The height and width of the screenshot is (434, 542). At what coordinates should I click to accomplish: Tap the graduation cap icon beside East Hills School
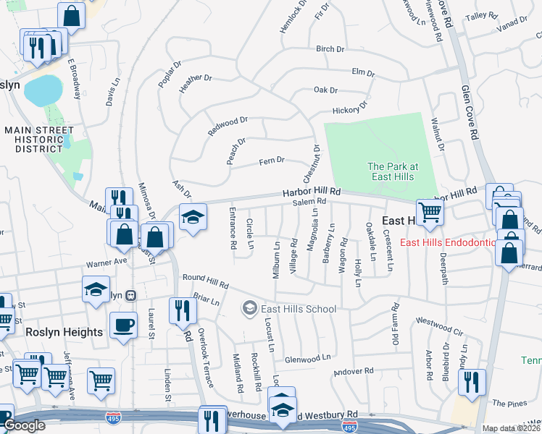coord(249,309)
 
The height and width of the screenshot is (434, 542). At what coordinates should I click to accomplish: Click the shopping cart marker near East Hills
coord(430,213)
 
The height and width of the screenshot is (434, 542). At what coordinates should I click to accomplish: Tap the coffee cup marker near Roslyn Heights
coord(122,324)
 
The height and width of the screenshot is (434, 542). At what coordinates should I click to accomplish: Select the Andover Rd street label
coord(353,371)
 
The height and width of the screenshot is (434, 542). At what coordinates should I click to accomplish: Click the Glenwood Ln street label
coord(307,357)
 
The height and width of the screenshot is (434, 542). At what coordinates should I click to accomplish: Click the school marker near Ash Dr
coord(192,218)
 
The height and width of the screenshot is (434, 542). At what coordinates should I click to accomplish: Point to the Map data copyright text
coord(511,428)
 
